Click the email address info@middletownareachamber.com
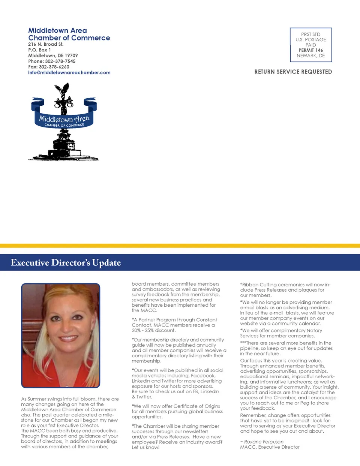69,73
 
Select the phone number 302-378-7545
60,61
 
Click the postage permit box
311,45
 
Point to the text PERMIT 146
311,50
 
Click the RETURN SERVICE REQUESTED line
293,72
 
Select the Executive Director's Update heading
66,262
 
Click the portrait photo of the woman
61,335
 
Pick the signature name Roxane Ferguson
264,442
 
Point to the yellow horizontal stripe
180,246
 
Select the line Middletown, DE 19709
53,55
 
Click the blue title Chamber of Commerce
69,38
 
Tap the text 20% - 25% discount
154,330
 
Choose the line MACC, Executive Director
270,447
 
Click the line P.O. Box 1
39,50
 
